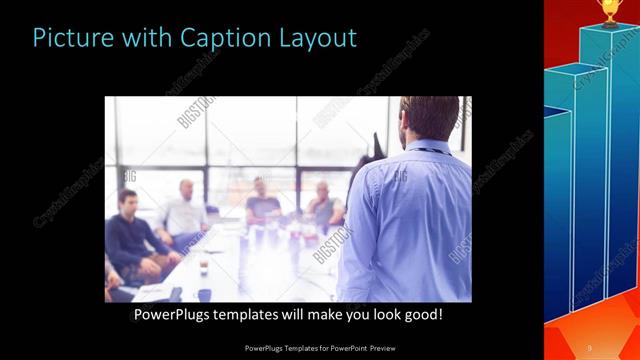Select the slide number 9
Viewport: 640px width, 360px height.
pyautogui.click(x=590, y=347)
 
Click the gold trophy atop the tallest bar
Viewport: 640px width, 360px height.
pyautogui.click(x=610, y=10)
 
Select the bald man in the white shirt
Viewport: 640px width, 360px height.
pyautogui.click(x=184, y=212)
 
